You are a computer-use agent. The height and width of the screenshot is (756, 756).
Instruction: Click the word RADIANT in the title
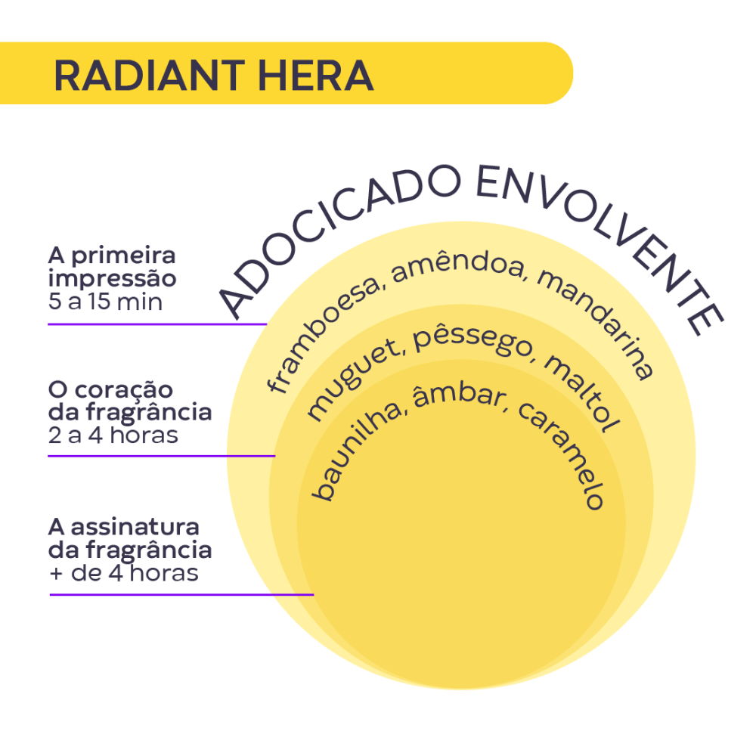[150, 75]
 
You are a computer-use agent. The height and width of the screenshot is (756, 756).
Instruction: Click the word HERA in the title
[316, 75]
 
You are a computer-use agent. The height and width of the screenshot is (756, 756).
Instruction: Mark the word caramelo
[562, 453]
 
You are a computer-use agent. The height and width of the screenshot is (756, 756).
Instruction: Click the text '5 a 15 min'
[105, 302]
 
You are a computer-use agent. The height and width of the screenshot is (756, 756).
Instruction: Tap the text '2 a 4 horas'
[113, 435]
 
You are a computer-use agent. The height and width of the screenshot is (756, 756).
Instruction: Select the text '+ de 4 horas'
[124, 573]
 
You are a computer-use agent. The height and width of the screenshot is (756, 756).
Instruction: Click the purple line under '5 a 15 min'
[157, 324]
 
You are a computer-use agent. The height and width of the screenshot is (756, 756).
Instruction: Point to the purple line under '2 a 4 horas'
[162, 456]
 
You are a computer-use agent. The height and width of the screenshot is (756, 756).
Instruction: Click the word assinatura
[135, 527]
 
